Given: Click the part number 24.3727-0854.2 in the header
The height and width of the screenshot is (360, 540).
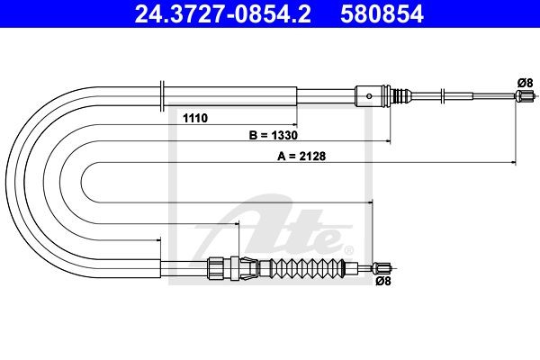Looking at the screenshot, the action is (222, 14).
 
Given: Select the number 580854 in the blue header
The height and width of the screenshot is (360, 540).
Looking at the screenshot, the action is (382, 14).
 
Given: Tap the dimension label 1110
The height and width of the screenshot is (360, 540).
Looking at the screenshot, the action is (195, 118).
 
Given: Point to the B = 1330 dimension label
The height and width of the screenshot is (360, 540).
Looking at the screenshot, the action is (273, 135).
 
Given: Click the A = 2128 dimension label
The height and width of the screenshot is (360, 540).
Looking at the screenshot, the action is (301, 156).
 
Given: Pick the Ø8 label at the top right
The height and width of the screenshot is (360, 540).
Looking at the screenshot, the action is (525, 83).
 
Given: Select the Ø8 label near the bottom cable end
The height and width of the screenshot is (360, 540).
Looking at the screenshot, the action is (383, 281).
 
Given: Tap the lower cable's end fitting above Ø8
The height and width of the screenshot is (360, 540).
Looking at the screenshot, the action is (382, 267).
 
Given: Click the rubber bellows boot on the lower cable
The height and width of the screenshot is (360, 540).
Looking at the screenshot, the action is (308, 267).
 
